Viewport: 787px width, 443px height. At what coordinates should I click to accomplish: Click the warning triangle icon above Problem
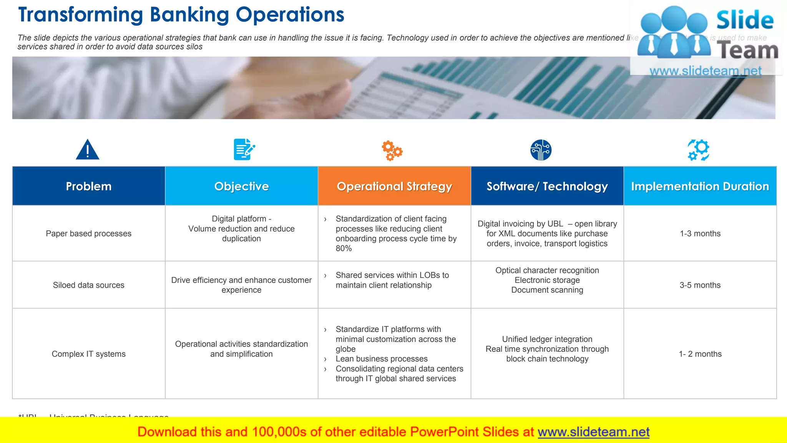(x=88, y=150)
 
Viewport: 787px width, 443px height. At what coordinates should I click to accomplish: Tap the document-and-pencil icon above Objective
(x=244, y=150)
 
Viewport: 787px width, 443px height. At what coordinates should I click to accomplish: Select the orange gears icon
(x=392, y=150)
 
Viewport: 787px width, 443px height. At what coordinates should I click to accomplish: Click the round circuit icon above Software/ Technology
(x=541, y=150)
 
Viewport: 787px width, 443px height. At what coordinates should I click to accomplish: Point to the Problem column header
(x=89, y=186)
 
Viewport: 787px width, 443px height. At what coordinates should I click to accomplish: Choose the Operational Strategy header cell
(x=394, y=186)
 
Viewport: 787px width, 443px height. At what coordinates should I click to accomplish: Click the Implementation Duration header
(x=700, y=186)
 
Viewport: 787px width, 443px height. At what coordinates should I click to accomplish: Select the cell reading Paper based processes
(x=89, y=233)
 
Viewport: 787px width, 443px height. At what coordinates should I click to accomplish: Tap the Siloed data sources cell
(x=89, y=285)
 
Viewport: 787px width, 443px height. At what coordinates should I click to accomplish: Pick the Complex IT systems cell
(x=89, y=354)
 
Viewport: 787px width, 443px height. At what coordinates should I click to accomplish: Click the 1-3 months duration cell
(x=700, y=233)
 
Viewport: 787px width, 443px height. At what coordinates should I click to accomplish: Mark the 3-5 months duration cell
(x=700, y=285)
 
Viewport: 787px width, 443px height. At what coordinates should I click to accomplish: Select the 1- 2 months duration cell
(x=700, y=354)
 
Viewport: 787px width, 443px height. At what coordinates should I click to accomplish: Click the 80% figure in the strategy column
(x=344, y=248)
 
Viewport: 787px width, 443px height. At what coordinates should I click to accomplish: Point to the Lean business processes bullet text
(x=382, y=359)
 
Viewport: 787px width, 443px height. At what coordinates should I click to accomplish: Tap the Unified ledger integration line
(x=547, y=339)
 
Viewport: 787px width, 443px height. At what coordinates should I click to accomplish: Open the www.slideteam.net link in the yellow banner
(x=593, y=432)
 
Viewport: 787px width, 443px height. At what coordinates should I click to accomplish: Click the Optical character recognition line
(x=547, y=270)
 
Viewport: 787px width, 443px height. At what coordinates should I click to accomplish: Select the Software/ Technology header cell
(x=547, y=186)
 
